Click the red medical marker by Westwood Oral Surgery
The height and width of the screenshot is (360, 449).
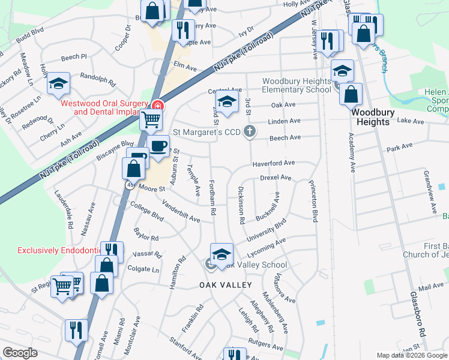(x=158, y=106)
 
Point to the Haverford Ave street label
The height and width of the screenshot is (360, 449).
(x=273, y=163)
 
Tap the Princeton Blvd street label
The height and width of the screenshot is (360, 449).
(x=313, y=200)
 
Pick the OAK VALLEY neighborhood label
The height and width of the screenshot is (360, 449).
(x=226, y=285)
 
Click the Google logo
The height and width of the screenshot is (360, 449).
(x=20, y=353)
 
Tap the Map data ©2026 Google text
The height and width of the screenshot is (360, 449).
(x=412, y=355)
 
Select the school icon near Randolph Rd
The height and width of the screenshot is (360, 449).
(x=59, y=83)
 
